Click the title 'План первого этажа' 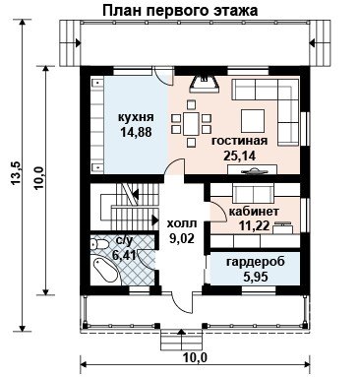180,10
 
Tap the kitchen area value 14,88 136,132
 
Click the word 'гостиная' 239,141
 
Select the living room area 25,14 239,156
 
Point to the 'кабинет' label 254,212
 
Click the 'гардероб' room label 256,262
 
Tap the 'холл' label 182,223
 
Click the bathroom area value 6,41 124,254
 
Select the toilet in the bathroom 99,244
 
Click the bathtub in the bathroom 105,269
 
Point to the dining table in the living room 191,123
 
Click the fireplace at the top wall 205,84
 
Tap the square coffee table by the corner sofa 253,120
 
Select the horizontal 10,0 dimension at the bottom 196,357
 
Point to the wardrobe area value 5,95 256,277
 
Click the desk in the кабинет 283,227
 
